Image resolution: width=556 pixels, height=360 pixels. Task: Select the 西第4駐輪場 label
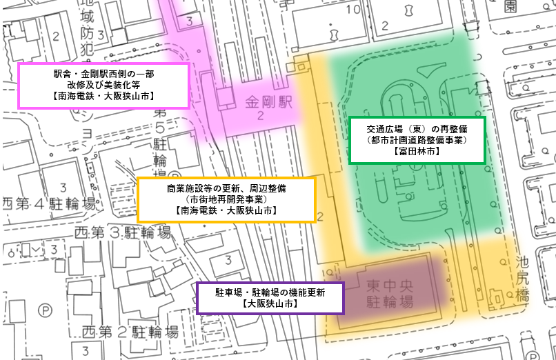(x=50, y=204)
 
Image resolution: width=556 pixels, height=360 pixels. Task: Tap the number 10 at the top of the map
(x=353, y=10)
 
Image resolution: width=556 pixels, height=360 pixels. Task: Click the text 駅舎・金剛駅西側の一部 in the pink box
(x=103, y=72)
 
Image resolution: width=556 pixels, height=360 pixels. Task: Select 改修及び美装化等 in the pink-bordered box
(x=103, y=84)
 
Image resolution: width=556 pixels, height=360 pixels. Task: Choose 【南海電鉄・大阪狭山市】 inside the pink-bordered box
(x=103, y=96)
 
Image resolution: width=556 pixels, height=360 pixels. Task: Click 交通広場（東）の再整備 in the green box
(x=418, y=128)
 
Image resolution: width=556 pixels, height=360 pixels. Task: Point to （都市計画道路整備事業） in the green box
(x=418, y=139)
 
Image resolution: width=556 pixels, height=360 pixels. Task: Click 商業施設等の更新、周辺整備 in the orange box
(x=226, y=188)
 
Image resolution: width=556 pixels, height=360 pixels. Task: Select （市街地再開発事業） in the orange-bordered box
(x=226, y=199)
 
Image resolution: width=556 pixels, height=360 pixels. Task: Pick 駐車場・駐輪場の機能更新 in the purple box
(x=270, y=292)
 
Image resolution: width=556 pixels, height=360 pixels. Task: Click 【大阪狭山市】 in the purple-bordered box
(x=270, y=303)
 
